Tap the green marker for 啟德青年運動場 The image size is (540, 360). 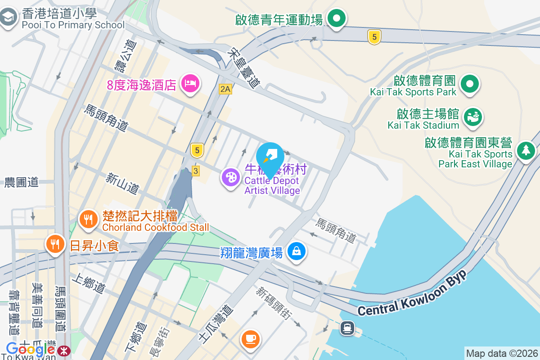(336, 19)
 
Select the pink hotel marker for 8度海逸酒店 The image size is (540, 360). (190, 83)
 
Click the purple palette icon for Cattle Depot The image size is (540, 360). (231, 177)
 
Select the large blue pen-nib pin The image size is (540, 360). (270, 157)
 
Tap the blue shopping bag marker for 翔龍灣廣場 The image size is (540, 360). (297, 252)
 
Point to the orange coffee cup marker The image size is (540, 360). (251, 338)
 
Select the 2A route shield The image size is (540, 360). (225, 89)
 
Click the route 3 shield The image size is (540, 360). (195, 171)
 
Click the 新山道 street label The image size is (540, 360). (122, 184)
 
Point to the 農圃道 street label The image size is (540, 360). (22, 182)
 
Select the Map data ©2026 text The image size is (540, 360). (502, 354)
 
